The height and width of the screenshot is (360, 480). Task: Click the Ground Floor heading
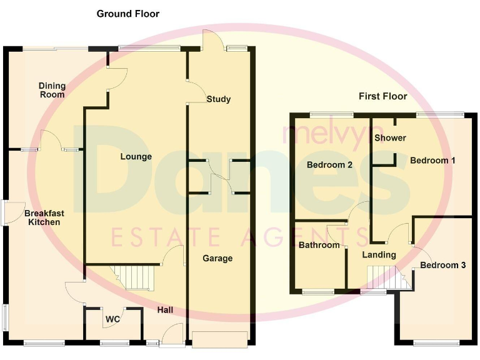coord(127,14)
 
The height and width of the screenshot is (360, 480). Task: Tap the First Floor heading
coord(382,96)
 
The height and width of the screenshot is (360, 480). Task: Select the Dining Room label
coord(51,90)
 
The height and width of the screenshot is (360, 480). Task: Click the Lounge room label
coord(136,156)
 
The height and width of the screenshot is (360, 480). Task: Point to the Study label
coord(218,99)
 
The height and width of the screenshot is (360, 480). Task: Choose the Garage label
coord(217,258)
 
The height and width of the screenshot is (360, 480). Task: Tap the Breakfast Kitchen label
coord(42,217)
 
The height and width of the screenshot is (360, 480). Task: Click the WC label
coord(112,319)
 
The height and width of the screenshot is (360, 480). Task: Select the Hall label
coord(165,310)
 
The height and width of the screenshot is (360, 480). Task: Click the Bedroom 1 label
coord(432,160)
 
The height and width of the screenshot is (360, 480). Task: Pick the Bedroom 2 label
coord(330,165)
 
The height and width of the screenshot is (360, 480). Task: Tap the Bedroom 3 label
coord(442,265)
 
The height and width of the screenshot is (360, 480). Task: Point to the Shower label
coord(390,137)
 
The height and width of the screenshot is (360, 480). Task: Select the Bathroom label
coord(319,245)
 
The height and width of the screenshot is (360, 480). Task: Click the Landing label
coord(379,254)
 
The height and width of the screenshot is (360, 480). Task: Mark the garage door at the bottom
coord(219,339)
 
